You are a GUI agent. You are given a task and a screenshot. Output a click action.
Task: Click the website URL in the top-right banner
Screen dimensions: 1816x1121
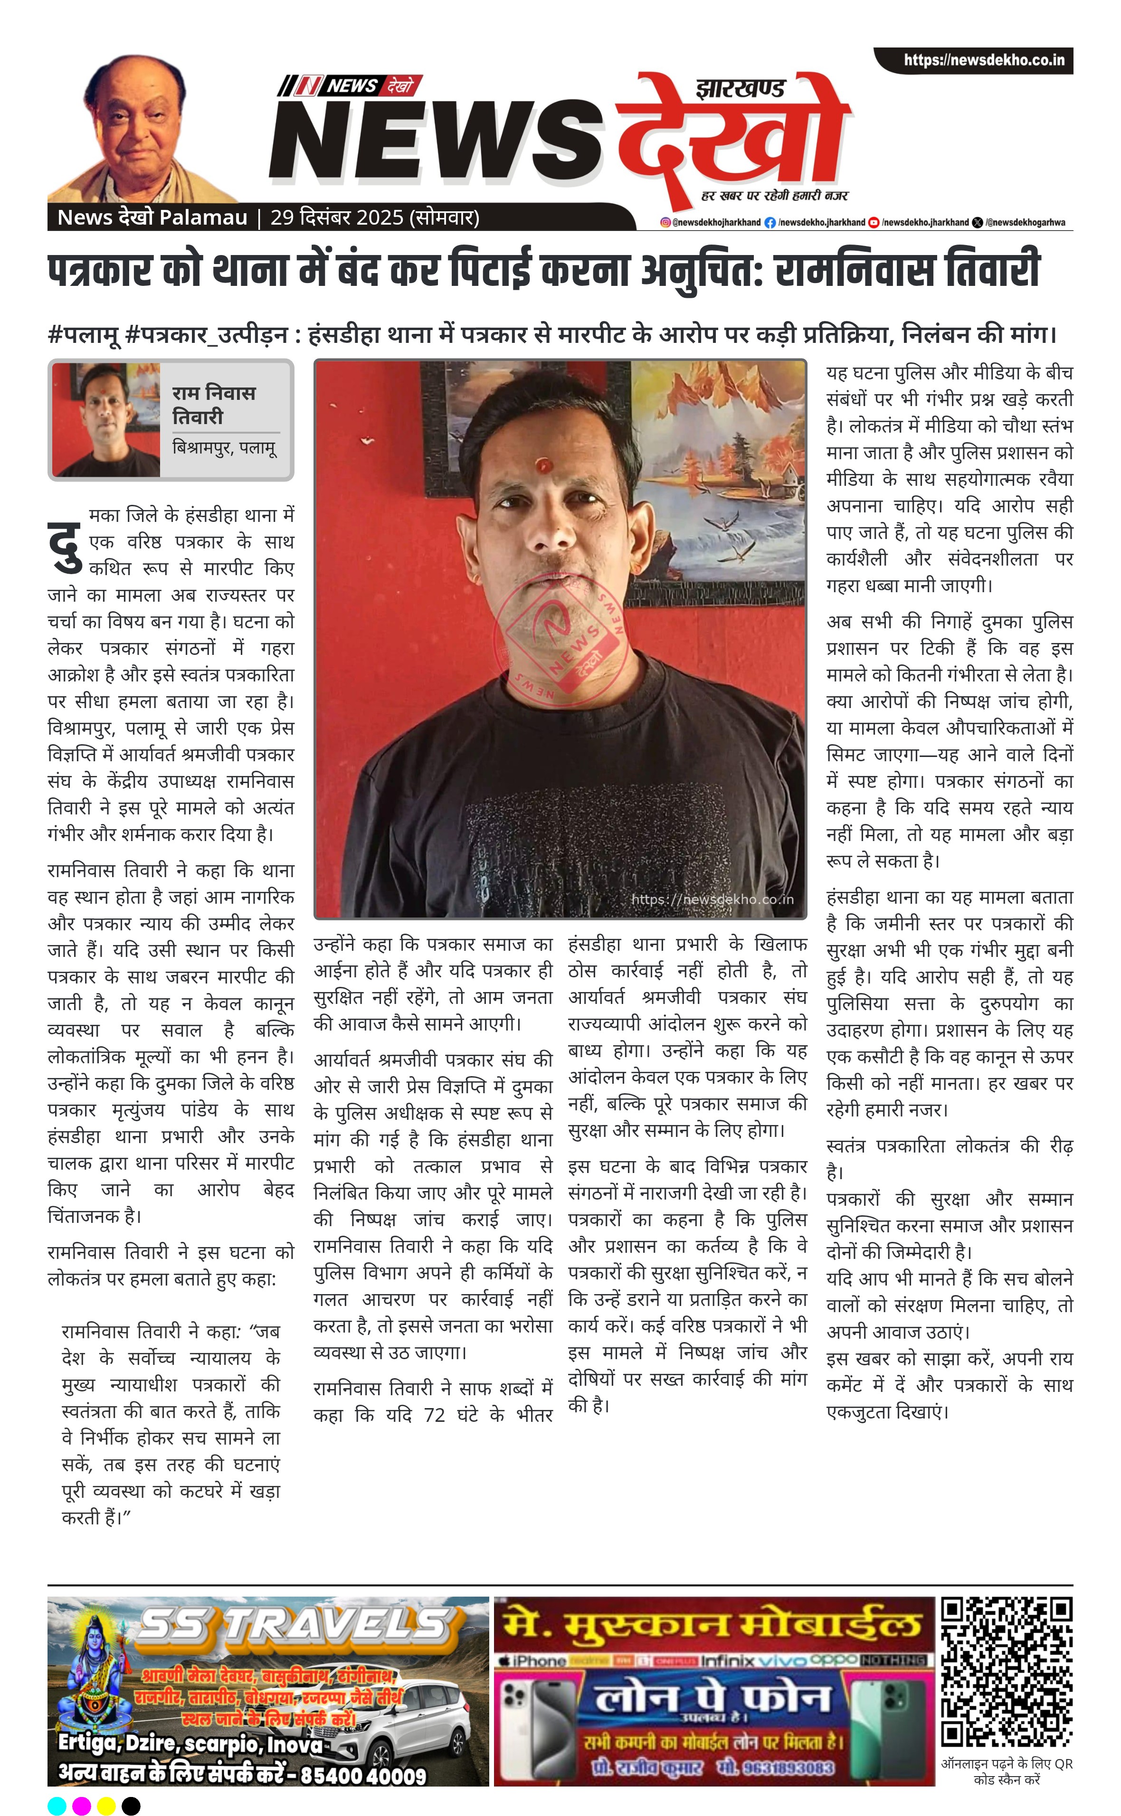click(x=983, y=60)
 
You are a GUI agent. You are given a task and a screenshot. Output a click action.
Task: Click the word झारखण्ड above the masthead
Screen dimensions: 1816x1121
click(x=740, y=89)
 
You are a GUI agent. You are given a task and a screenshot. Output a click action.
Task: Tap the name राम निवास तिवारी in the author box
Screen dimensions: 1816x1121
click(x=214, y=404)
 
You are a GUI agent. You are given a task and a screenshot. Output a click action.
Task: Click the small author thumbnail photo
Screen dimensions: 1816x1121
click(x=106, y=419)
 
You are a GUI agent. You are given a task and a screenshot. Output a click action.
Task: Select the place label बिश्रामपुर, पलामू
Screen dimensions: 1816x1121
click(x=224, y=448)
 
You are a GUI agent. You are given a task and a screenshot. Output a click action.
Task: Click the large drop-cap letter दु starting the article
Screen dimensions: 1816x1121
click(x=65, y=546)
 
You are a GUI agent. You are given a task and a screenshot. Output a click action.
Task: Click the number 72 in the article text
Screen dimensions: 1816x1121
click(x=435, y=1415)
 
